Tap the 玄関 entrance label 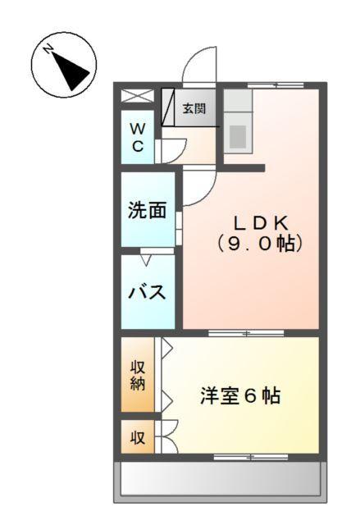[194, 108]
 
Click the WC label [139, 138]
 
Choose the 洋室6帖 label [240, 396]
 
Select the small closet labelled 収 [138, 438]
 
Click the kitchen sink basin [238, 137]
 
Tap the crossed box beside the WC [137, 96]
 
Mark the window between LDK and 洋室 [245, 333]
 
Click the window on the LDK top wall [276, 84]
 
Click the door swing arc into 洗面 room [194, 188]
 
